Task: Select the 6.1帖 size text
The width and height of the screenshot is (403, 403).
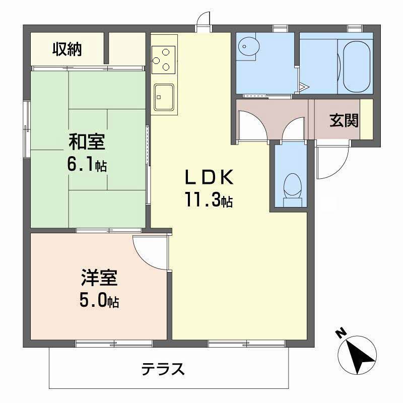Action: tap(87, 165)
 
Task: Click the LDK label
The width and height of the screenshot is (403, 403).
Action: tap(208, 177)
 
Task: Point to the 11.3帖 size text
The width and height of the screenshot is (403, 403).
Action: tap(208, 200)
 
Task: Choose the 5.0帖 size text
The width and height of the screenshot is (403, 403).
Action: tap(99, 301)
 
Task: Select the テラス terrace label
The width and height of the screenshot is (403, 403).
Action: tap(162, 370)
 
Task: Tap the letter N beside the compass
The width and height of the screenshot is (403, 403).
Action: tap(341, 332)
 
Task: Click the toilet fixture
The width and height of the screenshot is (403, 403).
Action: tap(291, 187)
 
